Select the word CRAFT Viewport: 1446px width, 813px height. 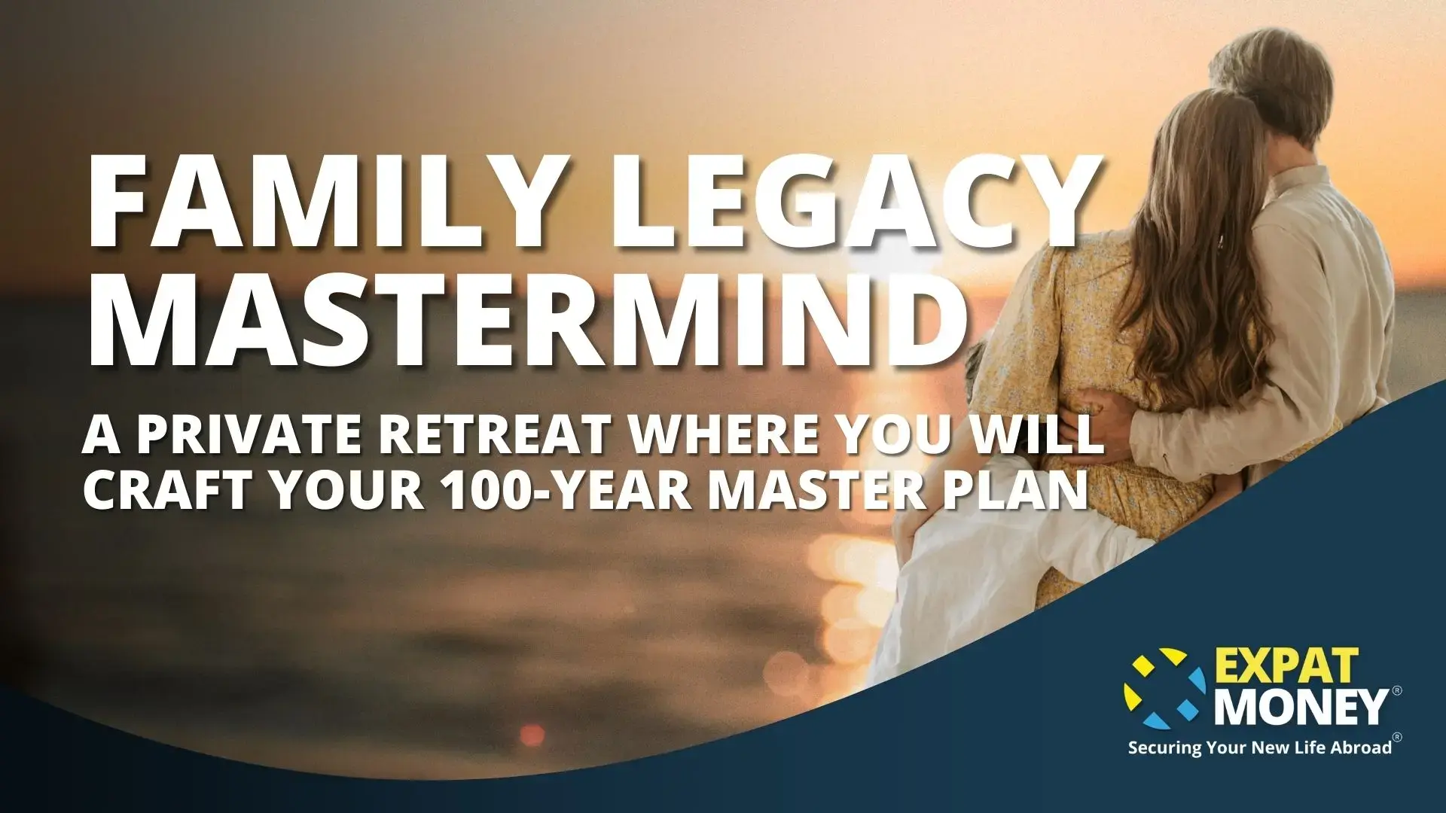click(x=167, y=490)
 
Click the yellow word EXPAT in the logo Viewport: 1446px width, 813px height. click(x=1286, y=665)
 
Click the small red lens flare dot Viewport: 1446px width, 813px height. click(x=532, y=735)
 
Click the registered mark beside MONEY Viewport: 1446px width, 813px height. click(x=1397, y=690)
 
